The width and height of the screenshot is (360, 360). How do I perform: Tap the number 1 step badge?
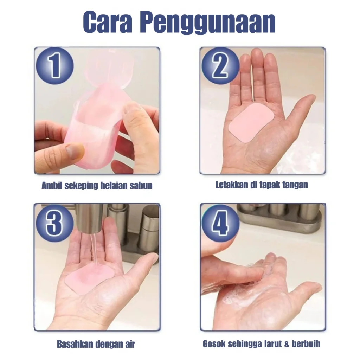55,65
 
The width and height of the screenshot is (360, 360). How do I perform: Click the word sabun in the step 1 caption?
141,185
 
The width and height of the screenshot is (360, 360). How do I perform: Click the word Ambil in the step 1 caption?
52,185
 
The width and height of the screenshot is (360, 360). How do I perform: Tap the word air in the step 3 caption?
130,344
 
